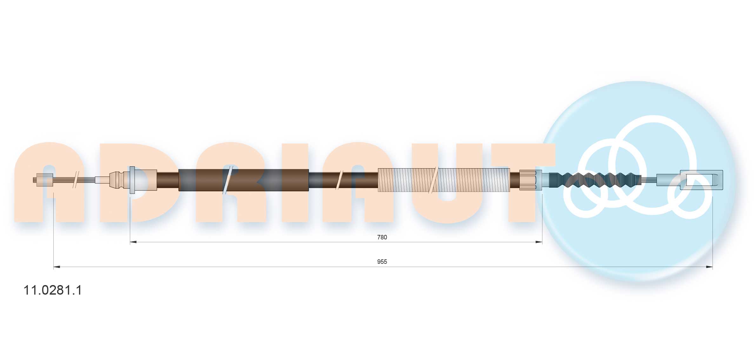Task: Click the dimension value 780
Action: point(382,237)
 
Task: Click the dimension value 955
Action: point(382,262)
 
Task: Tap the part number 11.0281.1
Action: point(53,290)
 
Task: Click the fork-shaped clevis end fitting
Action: point(701,180)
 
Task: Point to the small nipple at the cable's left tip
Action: point(43,180)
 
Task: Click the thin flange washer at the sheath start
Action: point(132,180)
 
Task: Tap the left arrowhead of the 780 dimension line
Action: point(133,242)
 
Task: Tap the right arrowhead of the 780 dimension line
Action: point(539,242)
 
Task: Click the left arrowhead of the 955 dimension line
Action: point(57,267)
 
